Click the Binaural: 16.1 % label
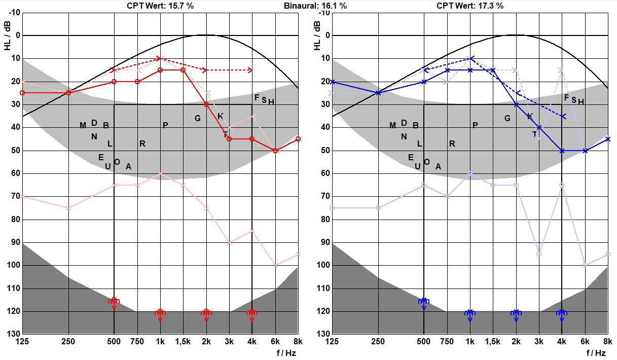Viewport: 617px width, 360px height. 315,6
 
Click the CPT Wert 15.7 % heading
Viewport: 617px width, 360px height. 160,6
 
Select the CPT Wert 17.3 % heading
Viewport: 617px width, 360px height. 470,6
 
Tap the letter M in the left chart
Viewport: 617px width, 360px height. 83,126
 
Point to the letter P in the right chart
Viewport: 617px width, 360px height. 475,125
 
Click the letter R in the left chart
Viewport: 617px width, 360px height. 142,144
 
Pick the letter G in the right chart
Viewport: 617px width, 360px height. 507,119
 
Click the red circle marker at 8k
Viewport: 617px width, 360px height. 298,139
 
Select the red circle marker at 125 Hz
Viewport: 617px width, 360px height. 22,93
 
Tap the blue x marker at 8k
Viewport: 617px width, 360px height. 608,139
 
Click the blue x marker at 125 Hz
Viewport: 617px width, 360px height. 332,82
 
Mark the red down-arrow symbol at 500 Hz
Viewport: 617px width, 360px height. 114,303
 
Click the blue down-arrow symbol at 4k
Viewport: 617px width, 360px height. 562,315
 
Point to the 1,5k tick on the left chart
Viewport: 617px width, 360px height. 183,342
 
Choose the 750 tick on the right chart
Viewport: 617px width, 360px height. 447,342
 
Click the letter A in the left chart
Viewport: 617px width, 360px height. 128,166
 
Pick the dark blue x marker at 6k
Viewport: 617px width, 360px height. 585,151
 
